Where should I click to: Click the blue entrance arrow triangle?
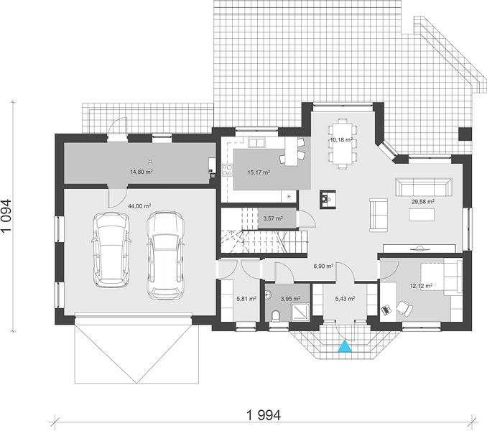(345, 346)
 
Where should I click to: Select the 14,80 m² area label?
(141, 172)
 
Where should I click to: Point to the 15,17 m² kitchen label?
(259, 172)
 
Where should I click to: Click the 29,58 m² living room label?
(422, 202)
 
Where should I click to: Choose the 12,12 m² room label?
(422, 286)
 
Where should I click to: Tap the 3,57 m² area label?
(273, 218)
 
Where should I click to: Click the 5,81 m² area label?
(246, 299)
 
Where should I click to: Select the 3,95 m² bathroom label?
(290, 299)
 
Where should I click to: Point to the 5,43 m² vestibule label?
(345, 299)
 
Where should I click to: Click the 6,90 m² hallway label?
(323, 266)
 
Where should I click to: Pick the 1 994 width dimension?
(264, 415)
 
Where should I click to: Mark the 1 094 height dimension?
(6, 215)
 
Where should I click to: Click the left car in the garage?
(111, 250)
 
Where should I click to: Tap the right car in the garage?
(166, 255)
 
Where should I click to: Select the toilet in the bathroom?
(275, 315)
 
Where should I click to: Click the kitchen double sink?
(256, 143)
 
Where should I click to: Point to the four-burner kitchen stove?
(228, 170)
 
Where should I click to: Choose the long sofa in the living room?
(424, 187)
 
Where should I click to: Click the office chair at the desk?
(404, 307)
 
